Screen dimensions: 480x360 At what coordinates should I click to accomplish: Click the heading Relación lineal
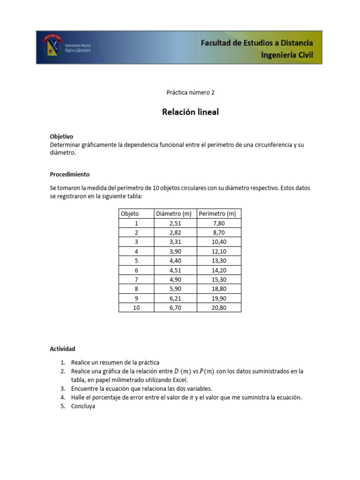coord(190,112)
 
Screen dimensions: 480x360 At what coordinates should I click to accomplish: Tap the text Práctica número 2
coord(190,93)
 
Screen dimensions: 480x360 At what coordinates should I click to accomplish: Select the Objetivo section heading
coord(61,136)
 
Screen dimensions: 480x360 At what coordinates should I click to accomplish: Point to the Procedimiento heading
coord(70,174)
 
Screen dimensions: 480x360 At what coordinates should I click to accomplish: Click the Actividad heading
coord(62,349)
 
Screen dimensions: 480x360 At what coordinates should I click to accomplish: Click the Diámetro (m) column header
coord(174,214)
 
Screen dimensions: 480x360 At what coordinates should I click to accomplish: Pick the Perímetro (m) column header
coord(217,214)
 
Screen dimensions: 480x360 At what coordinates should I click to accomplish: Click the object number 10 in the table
coord(136,307)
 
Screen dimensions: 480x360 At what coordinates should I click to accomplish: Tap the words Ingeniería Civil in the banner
coord(287,55)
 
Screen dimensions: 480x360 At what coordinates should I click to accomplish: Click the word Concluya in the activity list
coord(83,406)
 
